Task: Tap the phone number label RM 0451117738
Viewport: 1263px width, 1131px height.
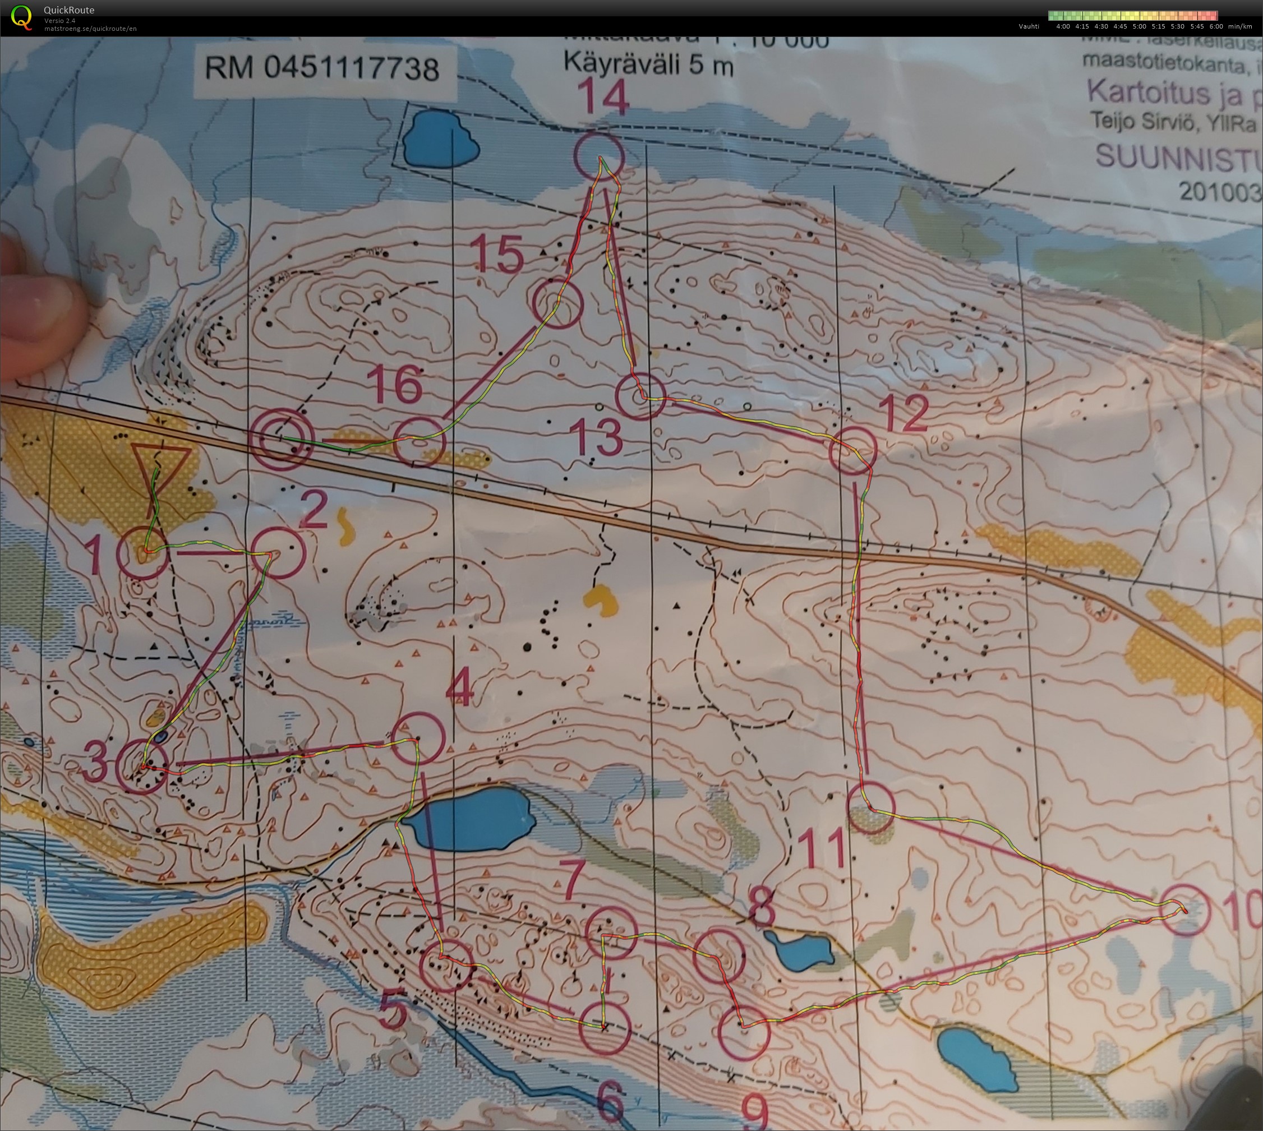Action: (x=322, y=68)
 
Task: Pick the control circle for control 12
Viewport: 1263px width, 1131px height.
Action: (x=854, y=450)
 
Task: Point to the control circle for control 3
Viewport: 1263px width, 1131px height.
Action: (x=142, y=768)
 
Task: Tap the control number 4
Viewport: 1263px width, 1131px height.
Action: (x=460, y=689)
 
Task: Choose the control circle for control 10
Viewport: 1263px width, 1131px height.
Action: (x=1185, y=911)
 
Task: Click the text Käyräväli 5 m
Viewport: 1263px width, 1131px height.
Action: (x=648, y=64)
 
